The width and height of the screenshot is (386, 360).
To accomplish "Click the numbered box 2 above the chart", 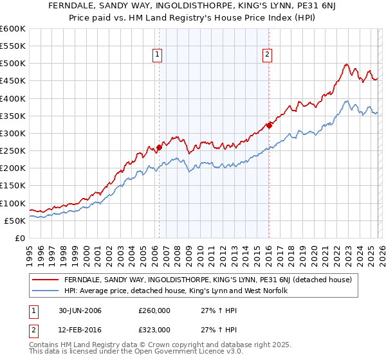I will tap(267, 55).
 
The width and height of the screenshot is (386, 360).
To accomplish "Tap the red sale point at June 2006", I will tap(159, 147).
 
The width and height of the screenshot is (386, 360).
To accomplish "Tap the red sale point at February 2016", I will tap(269, 125).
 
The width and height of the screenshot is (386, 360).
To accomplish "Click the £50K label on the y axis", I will tap(15, 221).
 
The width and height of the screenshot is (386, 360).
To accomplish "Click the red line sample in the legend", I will tap(46, 280).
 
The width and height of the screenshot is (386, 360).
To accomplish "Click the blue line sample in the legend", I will tap(46, 291).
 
